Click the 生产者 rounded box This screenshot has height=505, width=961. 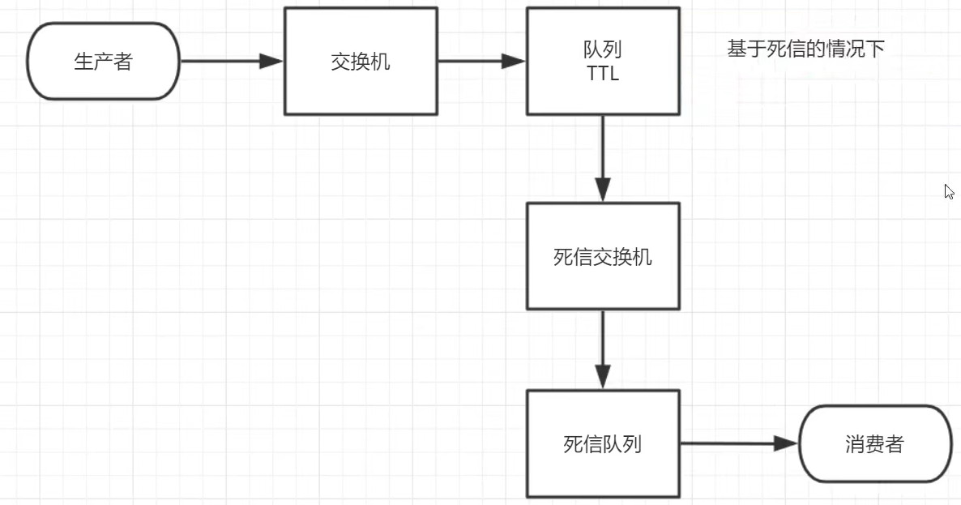tap(103, 62)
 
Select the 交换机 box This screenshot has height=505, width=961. tap(361, 62)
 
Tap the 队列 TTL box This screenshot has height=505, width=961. tap(603, 62)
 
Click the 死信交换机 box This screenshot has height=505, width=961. tap(603, 256)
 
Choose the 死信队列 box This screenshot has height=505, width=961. tap(603, 443)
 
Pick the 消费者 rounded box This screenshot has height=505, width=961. tap(874, 443)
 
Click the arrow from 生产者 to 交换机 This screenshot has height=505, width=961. tap(231, 61)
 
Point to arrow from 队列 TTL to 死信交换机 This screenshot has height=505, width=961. tap(603, 157)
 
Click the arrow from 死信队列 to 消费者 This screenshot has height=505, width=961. tap(737, 443)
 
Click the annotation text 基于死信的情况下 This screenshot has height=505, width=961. tap(805, 49)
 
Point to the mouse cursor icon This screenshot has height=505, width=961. tap(949, 192)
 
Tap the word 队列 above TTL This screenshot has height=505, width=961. tap(603, 49)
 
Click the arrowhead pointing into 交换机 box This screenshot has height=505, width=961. tap(271, 61)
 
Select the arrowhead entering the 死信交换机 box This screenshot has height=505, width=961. tap(603, 190)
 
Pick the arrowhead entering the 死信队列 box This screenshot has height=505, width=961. tap(603, 378)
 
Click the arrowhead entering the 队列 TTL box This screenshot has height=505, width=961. tap(514, 61)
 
